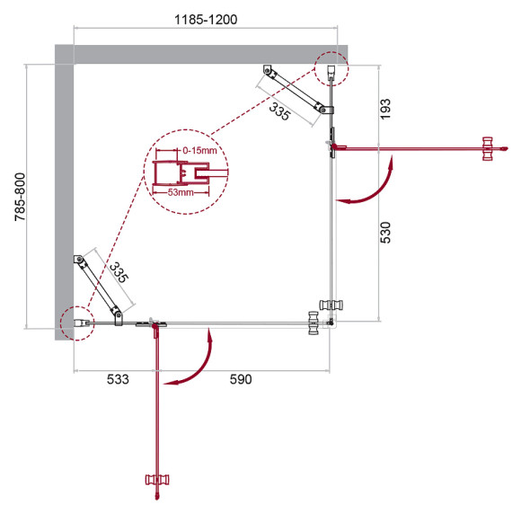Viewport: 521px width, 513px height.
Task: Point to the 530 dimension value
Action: pos(387,232)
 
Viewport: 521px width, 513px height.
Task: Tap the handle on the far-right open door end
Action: pos(489,149)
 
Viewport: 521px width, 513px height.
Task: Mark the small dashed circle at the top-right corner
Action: pos(331,66)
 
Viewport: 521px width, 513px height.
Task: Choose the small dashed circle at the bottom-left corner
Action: pos(75,321)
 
